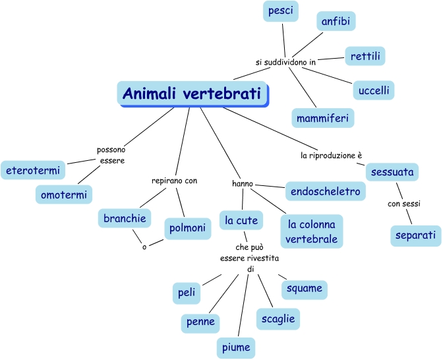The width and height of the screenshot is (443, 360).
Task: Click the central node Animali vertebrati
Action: pos(193,93)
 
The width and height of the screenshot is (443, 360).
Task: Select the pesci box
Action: pos(280,11)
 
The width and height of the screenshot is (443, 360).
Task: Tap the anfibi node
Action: pos(336,22)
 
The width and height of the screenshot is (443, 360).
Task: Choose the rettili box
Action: pos(365,56)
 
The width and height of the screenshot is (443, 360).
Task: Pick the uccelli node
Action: pos(373,89)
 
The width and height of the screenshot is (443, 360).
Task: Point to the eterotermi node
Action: pos(32,170)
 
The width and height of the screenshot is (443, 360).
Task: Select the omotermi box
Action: pos(63,195)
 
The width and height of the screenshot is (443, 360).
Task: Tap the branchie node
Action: pos(125,218)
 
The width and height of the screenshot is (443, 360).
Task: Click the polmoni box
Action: pos(186,228)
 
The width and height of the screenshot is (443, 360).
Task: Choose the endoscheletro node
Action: pos(325,191)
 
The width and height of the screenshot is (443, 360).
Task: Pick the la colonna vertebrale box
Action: pos(312,231)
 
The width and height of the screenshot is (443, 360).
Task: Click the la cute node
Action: pos(241,220)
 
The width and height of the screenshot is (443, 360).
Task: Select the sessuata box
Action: pos(392,172)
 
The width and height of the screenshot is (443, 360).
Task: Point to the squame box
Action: pos(304,288)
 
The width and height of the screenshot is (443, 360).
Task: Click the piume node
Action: pos(235,347)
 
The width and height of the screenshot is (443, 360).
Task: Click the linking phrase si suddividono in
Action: pos(286,62)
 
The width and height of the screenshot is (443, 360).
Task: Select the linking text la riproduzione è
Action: pos(332,156)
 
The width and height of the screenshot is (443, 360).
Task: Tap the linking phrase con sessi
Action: pos(403,204)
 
